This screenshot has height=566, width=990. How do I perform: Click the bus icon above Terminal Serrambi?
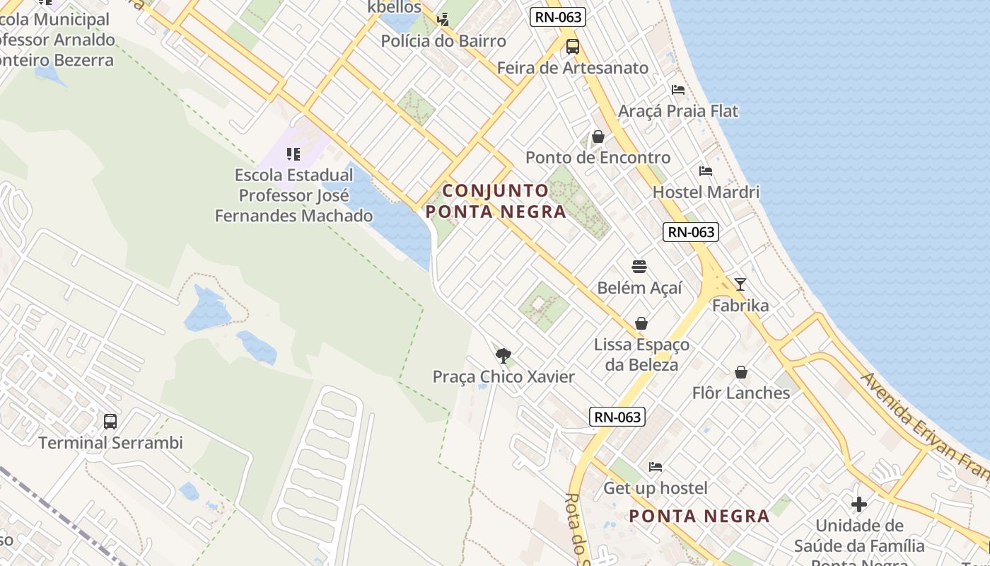[x=110, y=422]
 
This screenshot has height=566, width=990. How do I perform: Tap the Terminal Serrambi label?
[x=110, y=443]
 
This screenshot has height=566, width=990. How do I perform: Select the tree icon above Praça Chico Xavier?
[x=503, y=355]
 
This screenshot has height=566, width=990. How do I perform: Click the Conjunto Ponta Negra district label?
[x=496, y=201]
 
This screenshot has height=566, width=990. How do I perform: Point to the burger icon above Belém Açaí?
[x=639, y=267]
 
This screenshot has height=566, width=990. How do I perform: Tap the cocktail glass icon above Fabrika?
[x=740, y=284]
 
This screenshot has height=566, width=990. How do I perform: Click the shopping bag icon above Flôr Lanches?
[x=741, y=372]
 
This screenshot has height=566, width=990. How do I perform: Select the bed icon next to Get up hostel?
[x=656, y=467]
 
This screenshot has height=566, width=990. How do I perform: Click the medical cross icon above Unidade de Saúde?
[x=859, y=504]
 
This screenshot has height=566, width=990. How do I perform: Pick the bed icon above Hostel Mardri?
[x=705, y=171]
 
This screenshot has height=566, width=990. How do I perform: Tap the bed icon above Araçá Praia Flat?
[x=678, y=90]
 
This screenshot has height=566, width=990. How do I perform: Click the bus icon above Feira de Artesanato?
[x=572, y=47]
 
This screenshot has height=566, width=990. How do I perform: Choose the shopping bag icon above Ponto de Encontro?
[x=598, y=137]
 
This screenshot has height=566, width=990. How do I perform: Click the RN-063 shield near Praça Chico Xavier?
[x=617, y=417]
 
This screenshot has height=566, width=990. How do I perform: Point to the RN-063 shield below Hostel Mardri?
[x=691, y=231]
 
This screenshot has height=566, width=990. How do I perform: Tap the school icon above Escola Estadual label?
[x=294, y=154]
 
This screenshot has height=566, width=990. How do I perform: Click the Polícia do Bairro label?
[x=443, y=41]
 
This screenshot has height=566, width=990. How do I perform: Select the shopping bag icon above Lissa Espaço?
[x=641, y=323]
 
